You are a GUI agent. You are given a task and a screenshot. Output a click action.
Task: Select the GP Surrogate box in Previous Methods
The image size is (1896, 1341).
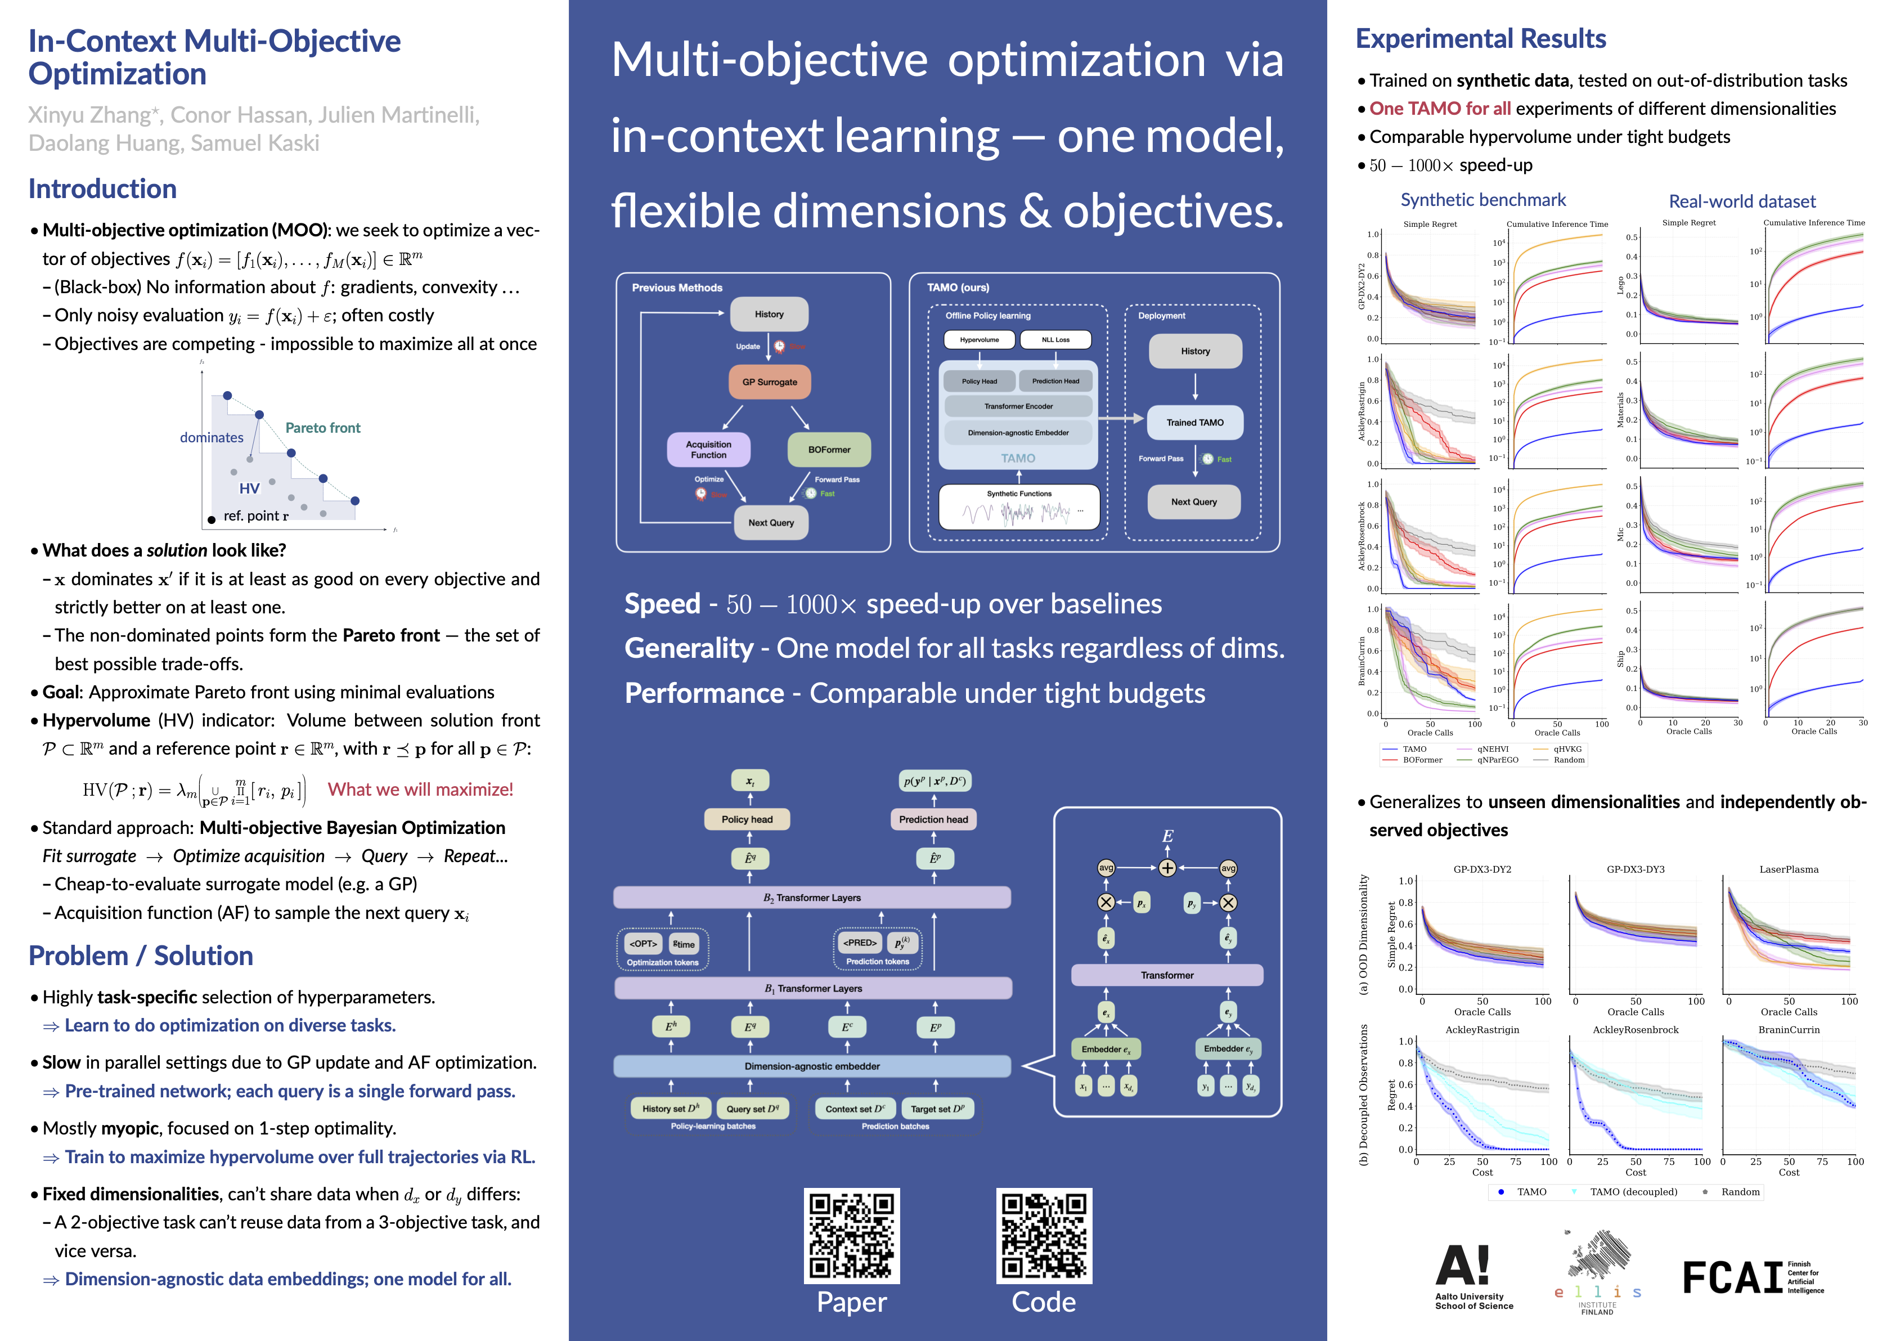770,382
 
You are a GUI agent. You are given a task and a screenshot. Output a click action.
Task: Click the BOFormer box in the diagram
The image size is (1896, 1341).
829,450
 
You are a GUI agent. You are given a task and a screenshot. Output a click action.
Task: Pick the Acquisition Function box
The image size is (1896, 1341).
708,450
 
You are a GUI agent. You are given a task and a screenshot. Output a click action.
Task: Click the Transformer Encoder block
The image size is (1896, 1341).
1018,406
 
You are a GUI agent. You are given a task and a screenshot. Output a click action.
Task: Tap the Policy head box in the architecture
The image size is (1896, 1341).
747,819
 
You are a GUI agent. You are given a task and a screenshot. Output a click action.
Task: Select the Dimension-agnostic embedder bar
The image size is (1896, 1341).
812,1066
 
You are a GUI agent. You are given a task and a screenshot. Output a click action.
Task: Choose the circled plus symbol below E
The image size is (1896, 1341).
1167,868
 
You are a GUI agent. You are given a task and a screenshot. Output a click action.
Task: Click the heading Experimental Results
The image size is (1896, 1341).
1481,39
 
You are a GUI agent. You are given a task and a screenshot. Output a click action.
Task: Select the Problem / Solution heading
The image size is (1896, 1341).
141,956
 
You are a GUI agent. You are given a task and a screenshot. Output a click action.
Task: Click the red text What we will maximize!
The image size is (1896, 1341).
420,790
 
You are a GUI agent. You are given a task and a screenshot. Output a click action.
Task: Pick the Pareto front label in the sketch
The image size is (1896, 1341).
323,428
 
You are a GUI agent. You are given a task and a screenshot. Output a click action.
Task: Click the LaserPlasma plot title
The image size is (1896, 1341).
1789,869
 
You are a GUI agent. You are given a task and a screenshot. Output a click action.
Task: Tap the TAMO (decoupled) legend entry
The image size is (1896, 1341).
1633,1191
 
